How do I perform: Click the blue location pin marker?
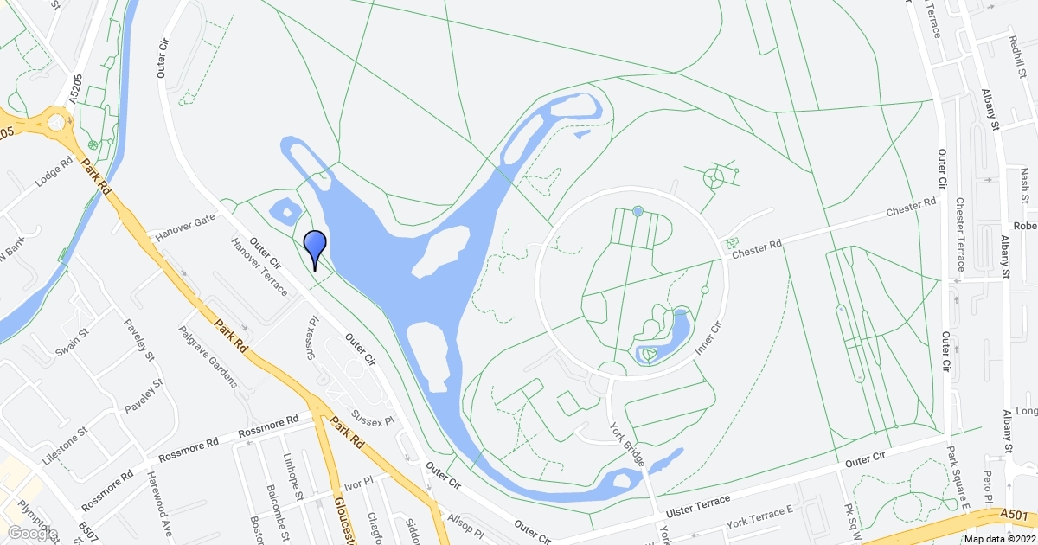[316, 247]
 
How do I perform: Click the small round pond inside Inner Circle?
[638, 211]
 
